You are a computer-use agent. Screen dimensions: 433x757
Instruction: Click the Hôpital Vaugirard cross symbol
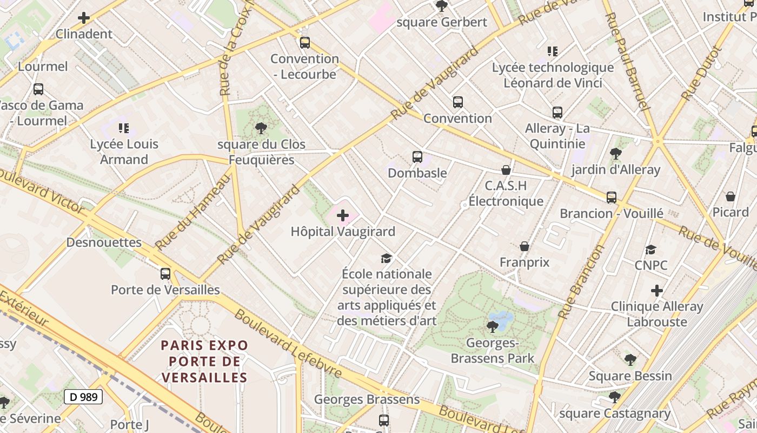point(343,216)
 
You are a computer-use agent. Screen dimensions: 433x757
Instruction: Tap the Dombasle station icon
point(417,157)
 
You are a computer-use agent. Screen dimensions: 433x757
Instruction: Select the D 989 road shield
point(83,397)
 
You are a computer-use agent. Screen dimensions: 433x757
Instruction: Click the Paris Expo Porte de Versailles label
point(204,361)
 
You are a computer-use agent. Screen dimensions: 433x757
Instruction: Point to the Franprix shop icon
point(524,247)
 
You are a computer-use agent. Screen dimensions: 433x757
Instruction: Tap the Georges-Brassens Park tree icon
point(492,326)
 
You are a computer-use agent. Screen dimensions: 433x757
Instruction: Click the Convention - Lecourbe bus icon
point(305,42)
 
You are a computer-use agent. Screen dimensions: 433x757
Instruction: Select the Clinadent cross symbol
point(84,18)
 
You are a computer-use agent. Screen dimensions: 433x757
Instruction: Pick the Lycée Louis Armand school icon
point(124,128)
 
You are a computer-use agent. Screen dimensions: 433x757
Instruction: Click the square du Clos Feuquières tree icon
point(261,128)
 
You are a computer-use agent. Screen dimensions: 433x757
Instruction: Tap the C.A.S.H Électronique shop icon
point(506,170)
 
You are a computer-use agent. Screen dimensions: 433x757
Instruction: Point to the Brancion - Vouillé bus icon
point(611,198)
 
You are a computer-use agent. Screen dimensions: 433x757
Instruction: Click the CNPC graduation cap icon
point(650,250)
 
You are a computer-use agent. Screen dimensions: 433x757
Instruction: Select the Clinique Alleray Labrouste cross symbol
point(656,291)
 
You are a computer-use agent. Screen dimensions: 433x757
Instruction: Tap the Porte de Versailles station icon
point(165,274)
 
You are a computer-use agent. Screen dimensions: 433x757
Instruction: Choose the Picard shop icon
point(730,196)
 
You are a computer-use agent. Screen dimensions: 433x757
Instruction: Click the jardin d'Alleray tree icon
point(615,154)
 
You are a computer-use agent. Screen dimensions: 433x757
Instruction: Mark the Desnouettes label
point(104,242)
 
